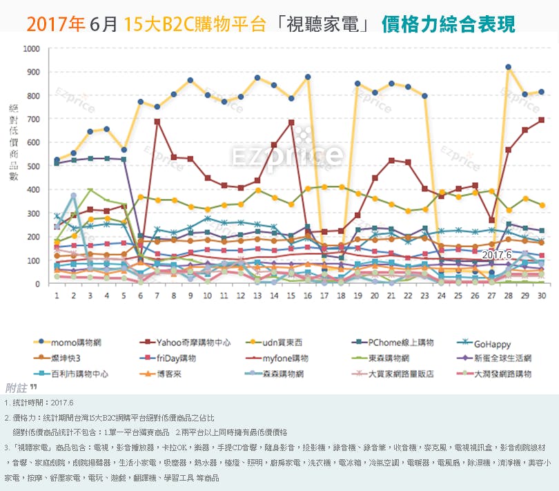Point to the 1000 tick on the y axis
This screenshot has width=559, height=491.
pos(31,49)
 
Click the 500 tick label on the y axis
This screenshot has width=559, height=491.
pos(33,166)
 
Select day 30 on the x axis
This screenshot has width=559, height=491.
pos(541,295)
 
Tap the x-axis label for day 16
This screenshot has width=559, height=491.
pos(307,295)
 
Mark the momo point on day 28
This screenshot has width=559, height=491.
pos(508,67)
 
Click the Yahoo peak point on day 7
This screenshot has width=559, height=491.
pos(157,122)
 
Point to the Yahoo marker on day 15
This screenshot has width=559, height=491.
pos(291,122)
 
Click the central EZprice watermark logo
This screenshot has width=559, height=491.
pos(287,154)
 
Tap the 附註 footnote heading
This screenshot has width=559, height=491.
pos(19,387)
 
